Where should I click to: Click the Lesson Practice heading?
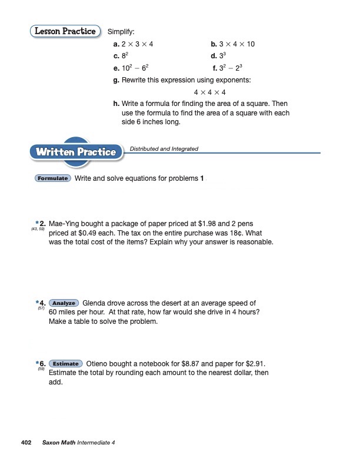click(x=65, y=31)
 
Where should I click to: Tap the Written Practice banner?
click(x=75, y=152)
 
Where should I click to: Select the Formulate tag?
click(x=54, y=178)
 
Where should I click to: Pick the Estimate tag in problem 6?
click(x=66, y=363)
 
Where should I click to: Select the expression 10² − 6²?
click(x=136, y=68)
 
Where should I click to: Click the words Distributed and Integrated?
click(x=164, y=149)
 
